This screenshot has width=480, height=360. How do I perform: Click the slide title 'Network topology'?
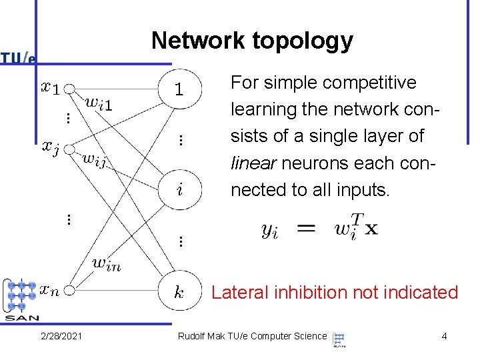point(252,41)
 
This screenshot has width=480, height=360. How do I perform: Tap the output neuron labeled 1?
point(179,89)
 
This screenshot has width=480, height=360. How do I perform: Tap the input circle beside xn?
point(69,290)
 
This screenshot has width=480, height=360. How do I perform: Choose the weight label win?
point(106,263)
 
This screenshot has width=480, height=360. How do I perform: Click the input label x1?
point(50,87)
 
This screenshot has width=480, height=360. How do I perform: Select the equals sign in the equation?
point(306,228)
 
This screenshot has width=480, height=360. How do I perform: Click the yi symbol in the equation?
point(270,231)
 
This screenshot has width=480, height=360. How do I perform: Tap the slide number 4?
point(444,336)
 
